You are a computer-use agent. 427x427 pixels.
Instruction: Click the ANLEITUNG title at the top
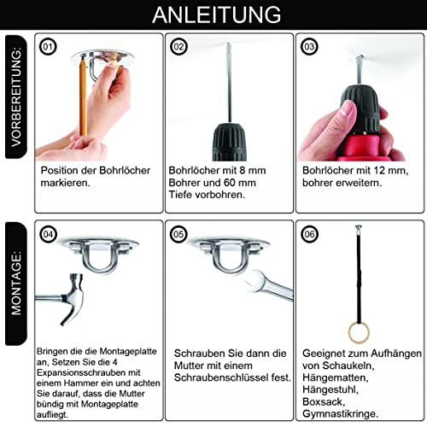214,15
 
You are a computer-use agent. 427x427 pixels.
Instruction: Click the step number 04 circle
49,232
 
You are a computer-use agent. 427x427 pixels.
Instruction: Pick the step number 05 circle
179,232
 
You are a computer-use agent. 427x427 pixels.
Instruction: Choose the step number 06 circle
309,232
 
